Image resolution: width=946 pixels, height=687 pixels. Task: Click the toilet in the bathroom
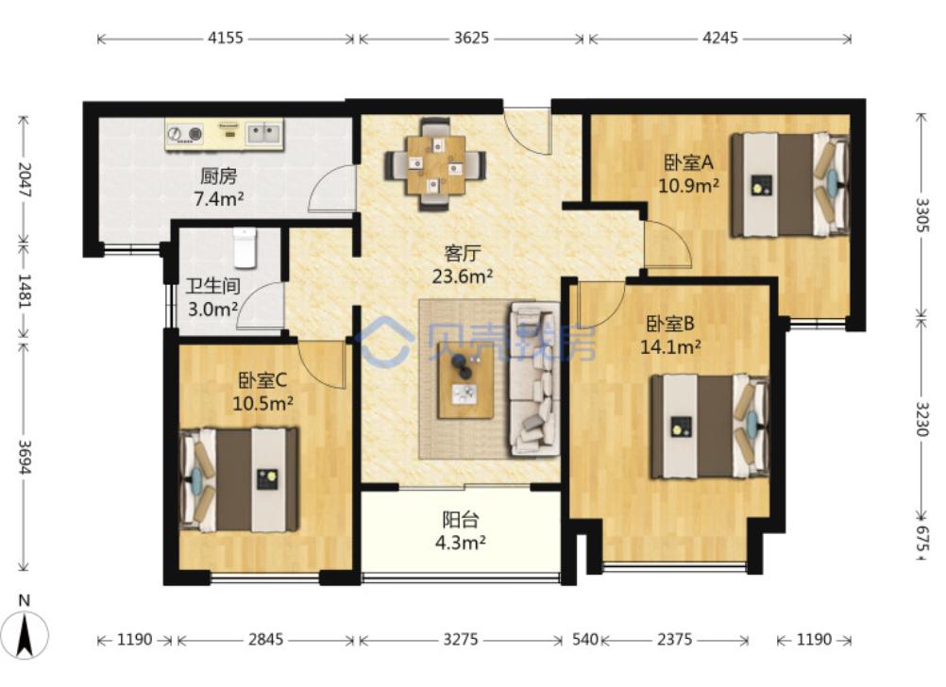[245, 247]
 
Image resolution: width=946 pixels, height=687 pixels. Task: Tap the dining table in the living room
[435, 164]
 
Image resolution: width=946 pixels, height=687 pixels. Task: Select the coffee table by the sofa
[465, 384]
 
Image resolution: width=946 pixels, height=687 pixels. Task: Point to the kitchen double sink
[264, 133]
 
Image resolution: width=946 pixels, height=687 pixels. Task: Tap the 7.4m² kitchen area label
[219, 198]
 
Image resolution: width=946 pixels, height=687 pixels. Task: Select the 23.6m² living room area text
[463, 276]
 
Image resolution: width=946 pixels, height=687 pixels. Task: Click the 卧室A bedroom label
[689, 162]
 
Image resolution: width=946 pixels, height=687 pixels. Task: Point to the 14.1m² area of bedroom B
[670, 347]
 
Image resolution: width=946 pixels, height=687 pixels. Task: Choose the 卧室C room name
[262, 380]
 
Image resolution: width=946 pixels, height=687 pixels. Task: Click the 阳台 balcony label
[461, 519]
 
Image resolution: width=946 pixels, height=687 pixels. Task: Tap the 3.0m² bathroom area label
[213, 310]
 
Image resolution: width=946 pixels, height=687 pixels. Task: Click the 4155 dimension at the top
[226, 38]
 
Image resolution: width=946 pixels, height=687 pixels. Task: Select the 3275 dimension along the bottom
[461, 639]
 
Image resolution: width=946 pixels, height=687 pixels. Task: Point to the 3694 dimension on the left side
[25, 457]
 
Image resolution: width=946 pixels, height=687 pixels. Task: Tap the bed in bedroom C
[240, 480]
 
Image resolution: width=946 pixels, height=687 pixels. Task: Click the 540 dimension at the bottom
[584, 639]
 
